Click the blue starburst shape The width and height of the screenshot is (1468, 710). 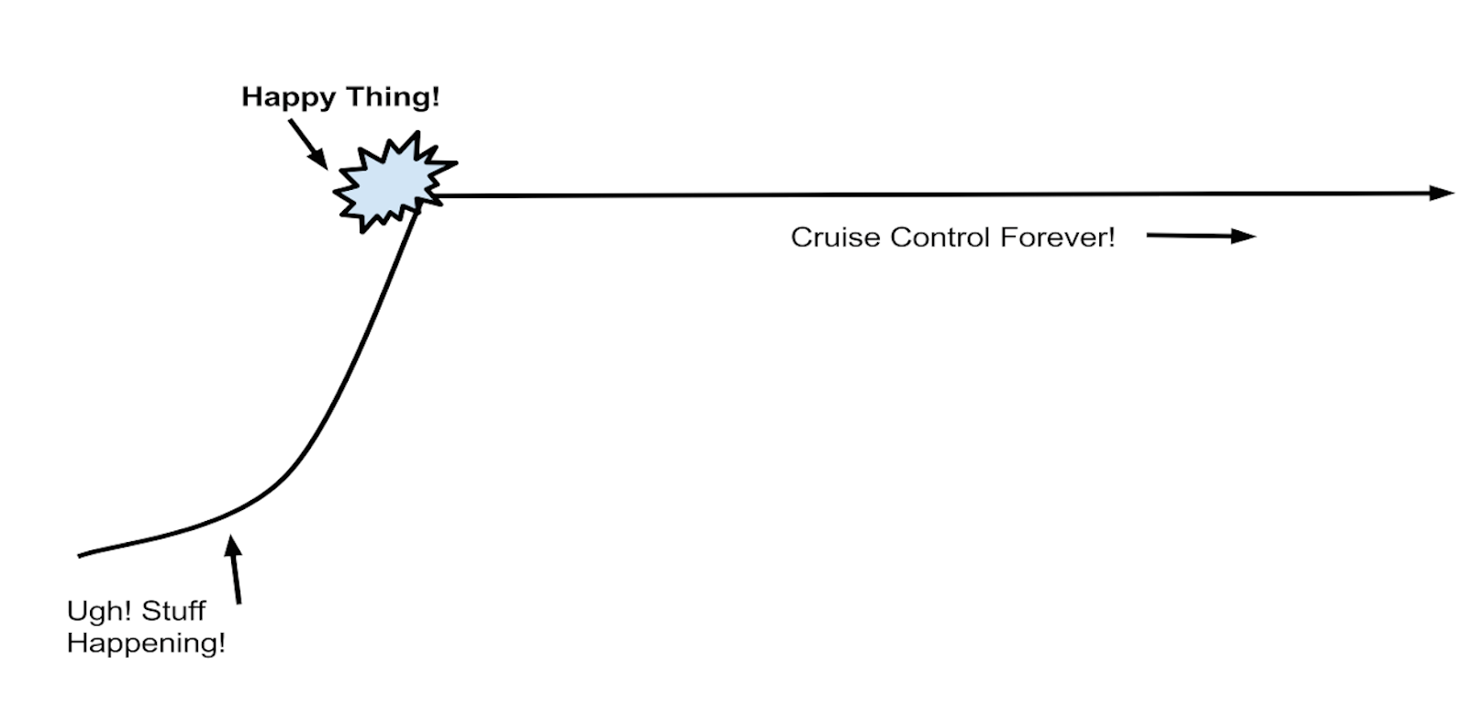392,183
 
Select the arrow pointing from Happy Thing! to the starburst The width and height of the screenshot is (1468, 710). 307,145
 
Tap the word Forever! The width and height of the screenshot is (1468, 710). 1057,238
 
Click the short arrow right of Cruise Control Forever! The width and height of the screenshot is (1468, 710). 1200,237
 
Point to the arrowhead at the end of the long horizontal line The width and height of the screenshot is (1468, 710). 1441,193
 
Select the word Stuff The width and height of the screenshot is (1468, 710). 173,611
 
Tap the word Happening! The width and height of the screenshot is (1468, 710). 146,643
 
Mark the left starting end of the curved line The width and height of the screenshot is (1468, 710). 80,555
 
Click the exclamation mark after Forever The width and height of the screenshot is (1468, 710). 1111,238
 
